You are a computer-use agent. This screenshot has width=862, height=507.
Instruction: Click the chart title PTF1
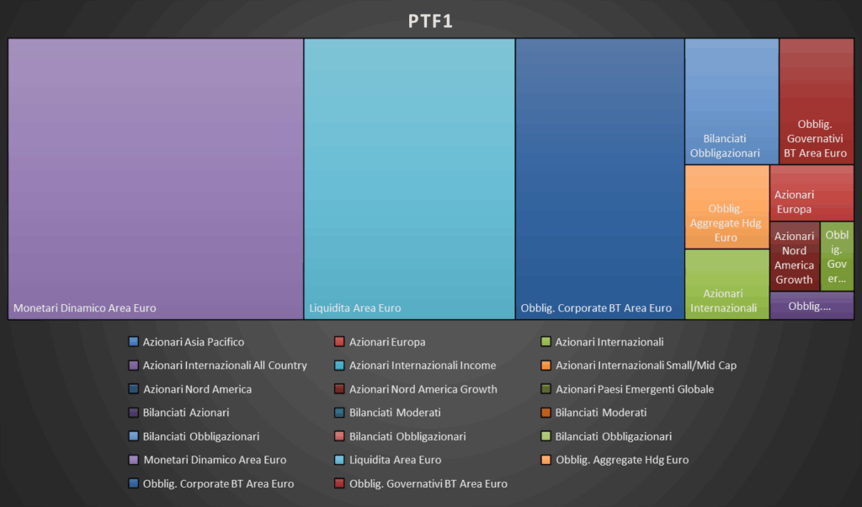(430, 21)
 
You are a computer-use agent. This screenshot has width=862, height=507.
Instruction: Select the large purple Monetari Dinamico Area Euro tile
(156, 179)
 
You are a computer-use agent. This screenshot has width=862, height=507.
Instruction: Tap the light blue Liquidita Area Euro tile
(409, 179)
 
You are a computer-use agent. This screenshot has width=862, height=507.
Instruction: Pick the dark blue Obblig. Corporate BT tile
(599, 179)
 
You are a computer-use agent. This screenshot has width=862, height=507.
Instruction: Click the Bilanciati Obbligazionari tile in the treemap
(731, 101)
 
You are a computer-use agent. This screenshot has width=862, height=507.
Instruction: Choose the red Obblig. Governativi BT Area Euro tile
(816, 101)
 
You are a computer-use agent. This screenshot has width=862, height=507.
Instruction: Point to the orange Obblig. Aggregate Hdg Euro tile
(726, 207)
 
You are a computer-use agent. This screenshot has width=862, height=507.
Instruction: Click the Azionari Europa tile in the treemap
(811, 192)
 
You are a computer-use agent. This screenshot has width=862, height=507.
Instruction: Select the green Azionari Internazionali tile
(726, 285)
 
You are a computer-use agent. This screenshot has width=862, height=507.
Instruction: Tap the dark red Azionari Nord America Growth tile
(794, 257)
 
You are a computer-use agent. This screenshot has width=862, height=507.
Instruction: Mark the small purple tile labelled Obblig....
(811, 306)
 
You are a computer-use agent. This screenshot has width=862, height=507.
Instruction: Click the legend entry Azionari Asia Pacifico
(193, 342)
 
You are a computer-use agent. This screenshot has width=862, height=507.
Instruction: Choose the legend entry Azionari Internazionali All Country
(225, 366)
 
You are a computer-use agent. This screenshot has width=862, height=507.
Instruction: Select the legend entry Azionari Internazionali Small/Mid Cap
(646, 366)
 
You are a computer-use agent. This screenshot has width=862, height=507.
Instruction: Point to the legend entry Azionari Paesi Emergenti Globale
(634, 389)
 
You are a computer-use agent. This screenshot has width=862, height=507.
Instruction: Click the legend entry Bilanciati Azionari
(185, 413)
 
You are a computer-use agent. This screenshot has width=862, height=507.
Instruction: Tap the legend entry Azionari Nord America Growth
(423, 389)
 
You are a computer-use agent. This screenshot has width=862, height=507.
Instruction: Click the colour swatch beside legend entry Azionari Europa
(339, 342)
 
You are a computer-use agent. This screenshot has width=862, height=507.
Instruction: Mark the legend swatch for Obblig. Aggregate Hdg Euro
(545, 460)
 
